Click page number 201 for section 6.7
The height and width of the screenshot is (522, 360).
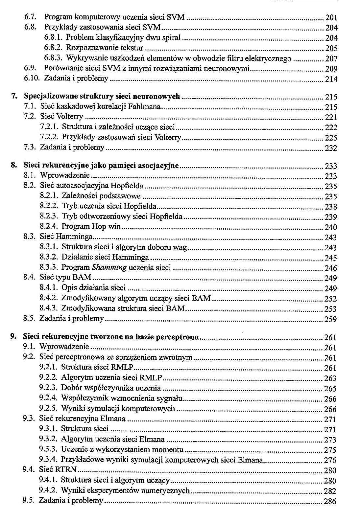click(331, 18)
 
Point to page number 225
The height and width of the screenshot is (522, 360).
click(331, 138)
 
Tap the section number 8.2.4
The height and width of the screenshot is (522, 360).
click(50, 227)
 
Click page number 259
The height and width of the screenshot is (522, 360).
click(330, 319)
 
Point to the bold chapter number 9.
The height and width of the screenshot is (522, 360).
click(13, 337)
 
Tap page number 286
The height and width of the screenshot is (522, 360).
click(330, 501)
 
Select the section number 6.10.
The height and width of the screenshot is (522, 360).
click(32, 79)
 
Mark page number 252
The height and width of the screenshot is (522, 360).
click(330, 299)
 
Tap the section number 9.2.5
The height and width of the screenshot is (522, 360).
click(49, 409)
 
